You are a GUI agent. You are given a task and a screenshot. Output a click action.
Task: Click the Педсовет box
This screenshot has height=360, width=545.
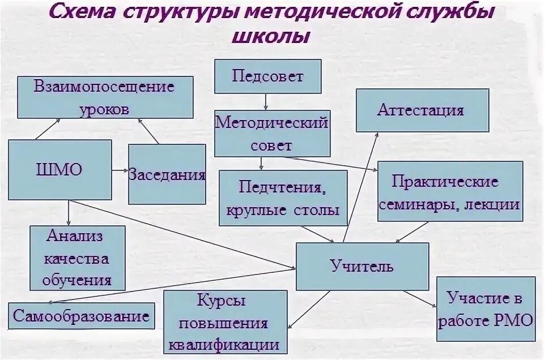tap(267, 76)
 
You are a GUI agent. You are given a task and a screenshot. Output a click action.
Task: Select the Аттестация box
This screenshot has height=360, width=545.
tap(422, 110)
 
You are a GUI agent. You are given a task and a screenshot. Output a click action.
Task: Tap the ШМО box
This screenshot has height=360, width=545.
tap(60, 170)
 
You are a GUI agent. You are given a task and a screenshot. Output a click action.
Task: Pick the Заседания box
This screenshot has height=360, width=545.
tap(167, 174)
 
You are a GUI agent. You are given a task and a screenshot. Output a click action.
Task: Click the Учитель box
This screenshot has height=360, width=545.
tap(362, 266)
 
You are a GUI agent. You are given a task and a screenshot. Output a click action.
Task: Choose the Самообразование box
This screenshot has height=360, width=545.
tap(82, 316)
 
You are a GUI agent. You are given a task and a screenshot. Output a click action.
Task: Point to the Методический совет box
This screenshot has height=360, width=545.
tap(272, 134)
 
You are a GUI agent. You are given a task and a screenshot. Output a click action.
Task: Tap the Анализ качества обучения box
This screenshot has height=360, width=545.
tap(77, 258)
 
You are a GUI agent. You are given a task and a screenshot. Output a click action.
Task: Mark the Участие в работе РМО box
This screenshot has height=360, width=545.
tap(486, 308)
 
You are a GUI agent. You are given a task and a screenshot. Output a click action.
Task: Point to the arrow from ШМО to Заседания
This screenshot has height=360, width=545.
tap(120, 170)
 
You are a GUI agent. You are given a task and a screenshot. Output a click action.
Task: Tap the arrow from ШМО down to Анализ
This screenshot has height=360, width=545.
tap(69, 212)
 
